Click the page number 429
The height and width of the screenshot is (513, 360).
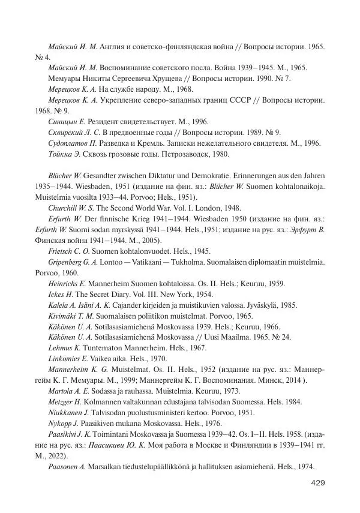(x=317, y=483)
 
